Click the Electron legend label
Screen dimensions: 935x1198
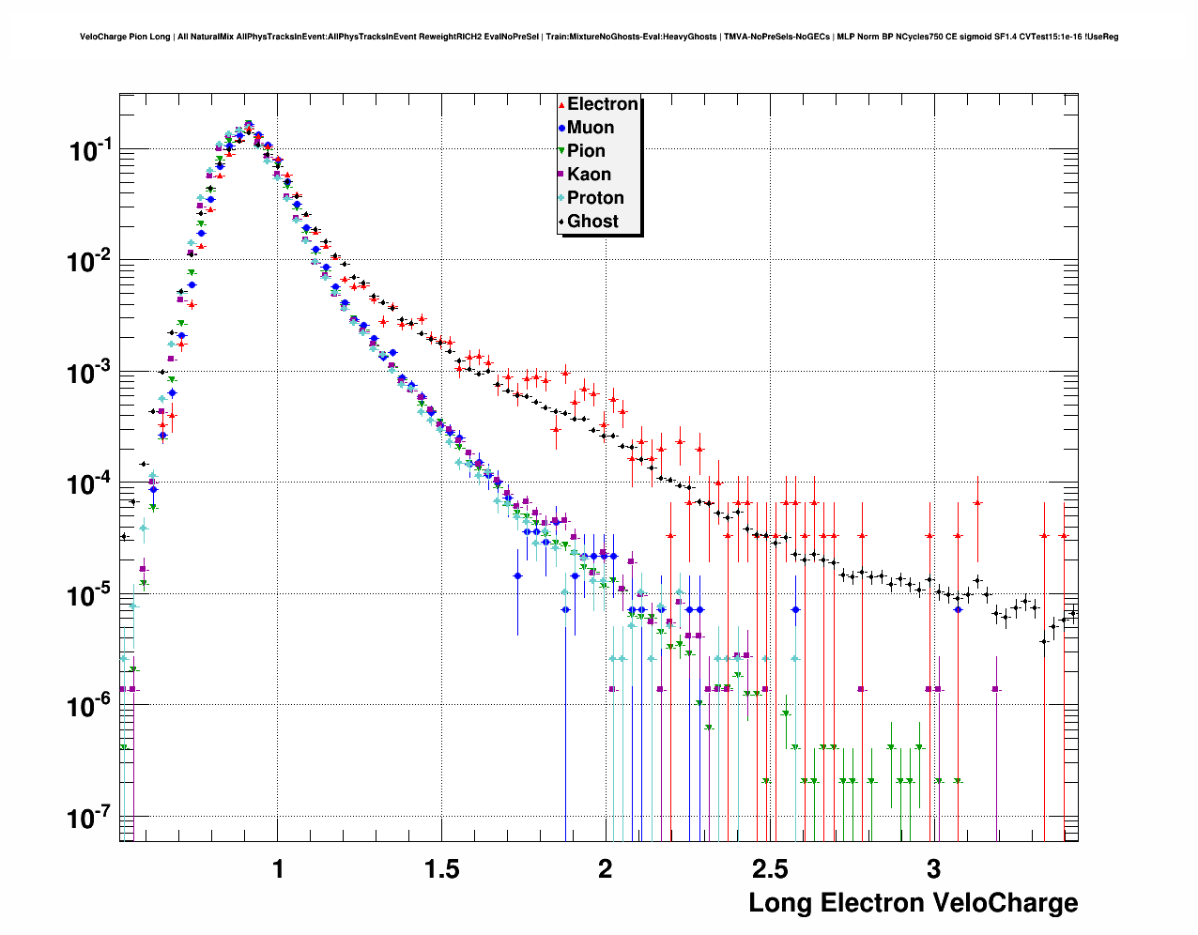coord(603,104)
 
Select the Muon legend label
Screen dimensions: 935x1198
coord(591,128)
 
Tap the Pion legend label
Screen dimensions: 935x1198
coord(586,151)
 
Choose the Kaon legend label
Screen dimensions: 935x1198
coord(589,175)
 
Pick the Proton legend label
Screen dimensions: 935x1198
coord(595,198)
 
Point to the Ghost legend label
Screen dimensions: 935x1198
coord(592,222)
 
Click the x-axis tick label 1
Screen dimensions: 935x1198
coord(278,869)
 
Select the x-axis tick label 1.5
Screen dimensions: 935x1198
coord(442,869)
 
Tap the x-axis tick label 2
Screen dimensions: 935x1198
coord(606,869)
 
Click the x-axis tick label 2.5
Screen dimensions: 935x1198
coord(770,869)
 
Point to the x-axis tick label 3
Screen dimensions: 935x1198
coord(933,869)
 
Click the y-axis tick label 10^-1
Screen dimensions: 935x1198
coord(90,150)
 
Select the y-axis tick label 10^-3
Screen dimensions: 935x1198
coord(90,373)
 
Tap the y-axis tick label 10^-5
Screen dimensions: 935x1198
coord(90,595)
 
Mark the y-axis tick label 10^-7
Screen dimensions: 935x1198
coord(90,818)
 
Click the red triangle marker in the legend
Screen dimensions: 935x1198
coord(561,105)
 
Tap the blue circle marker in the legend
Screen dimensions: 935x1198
coord(561,128)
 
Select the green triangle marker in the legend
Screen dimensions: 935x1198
coord(561,151)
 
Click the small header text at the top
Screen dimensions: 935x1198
coord(599,37)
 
